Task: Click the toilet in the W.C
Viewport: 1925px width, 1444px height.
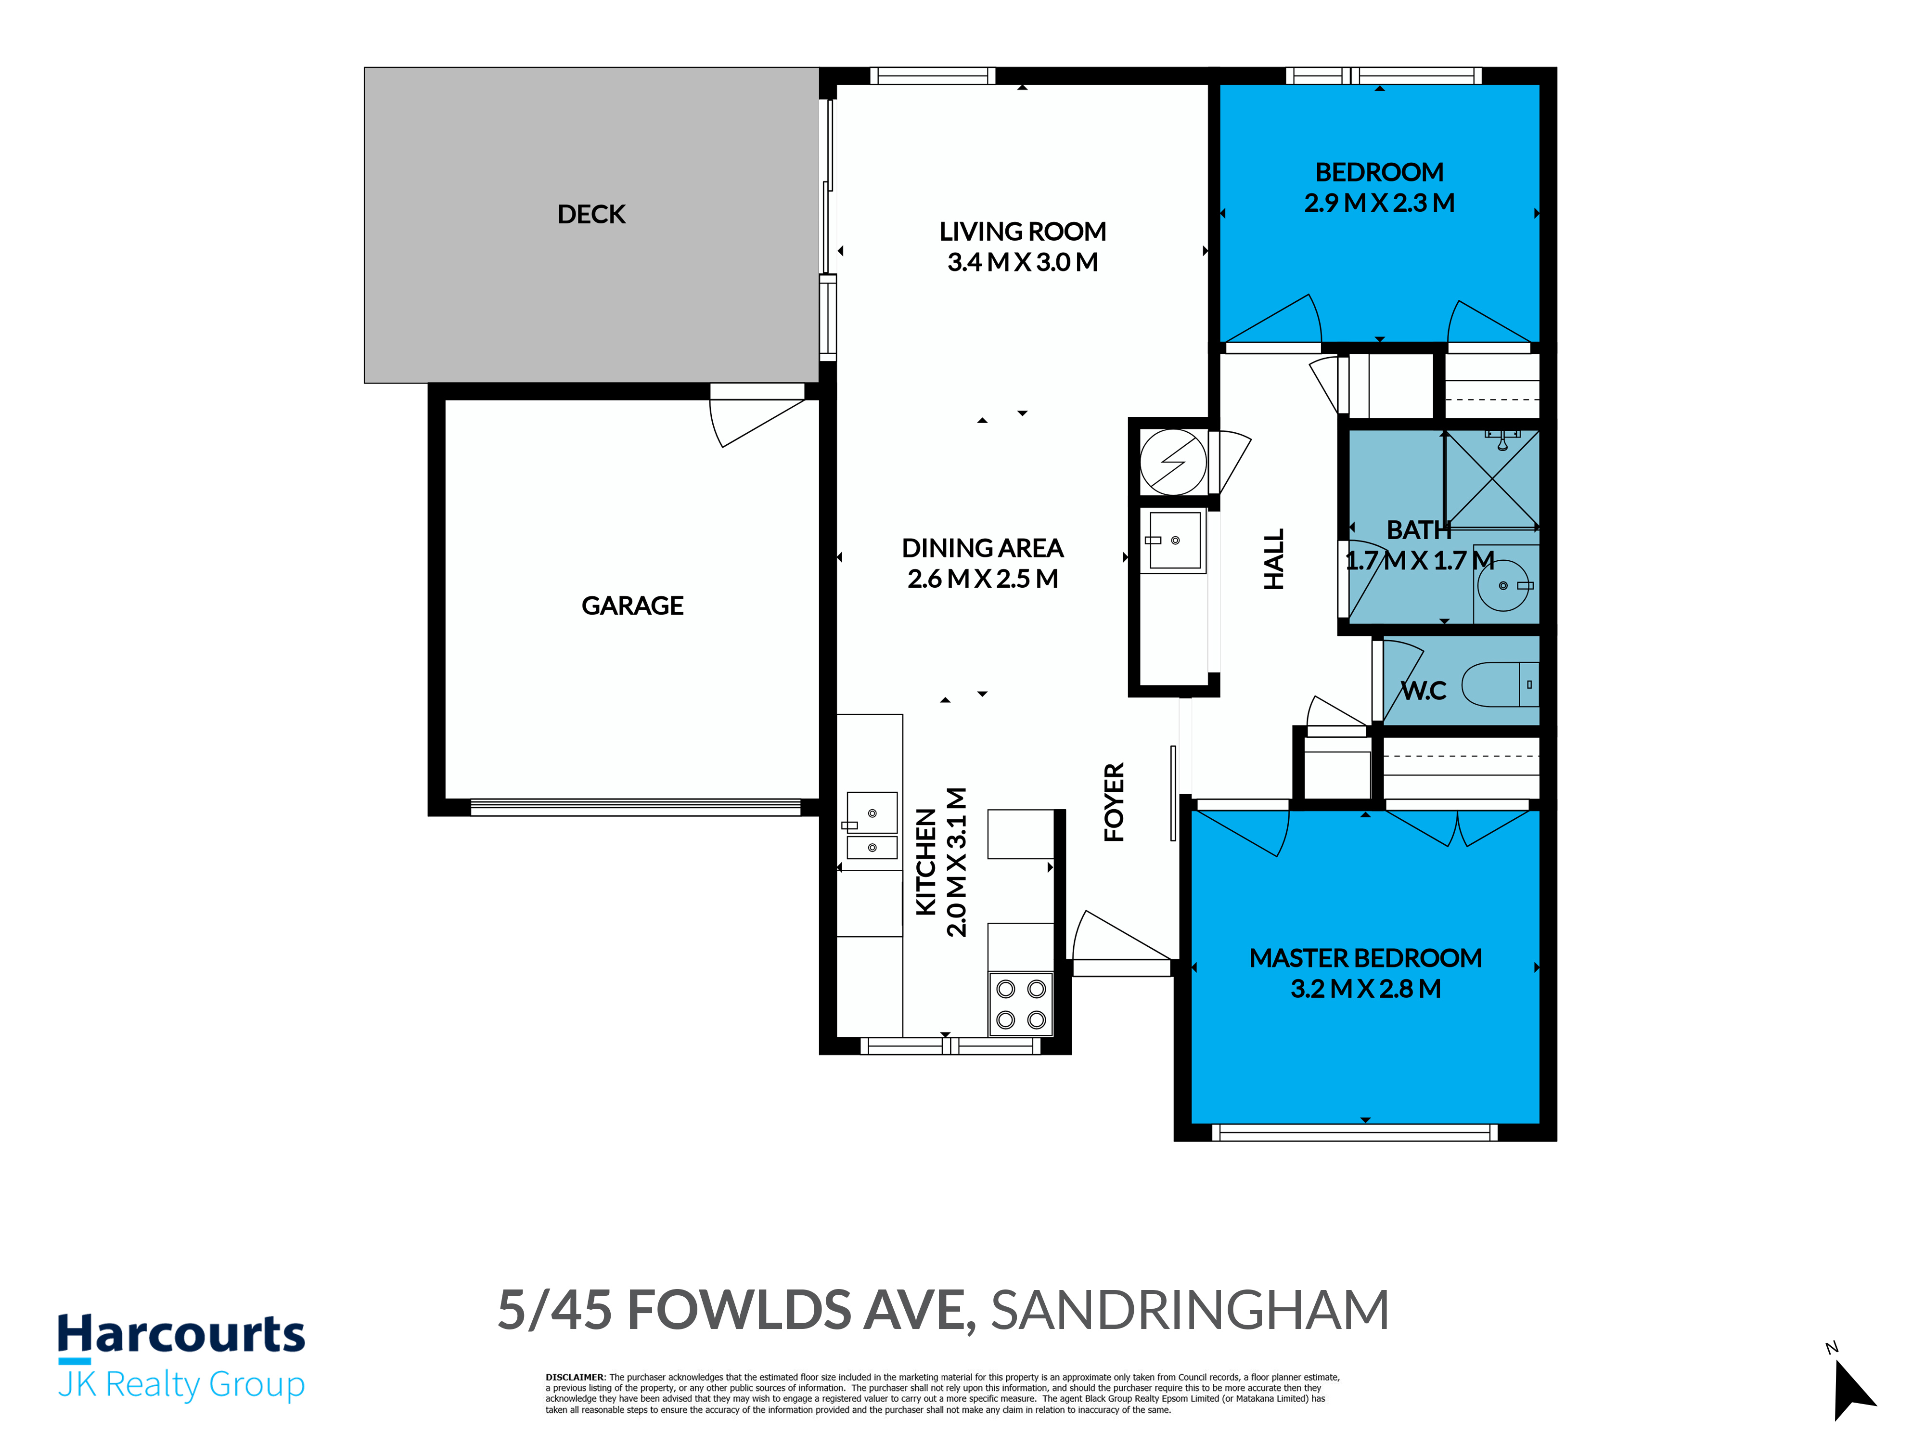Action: pos(1499,684)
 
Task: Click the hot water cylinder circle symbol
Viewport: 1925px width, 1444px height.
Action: pos(1173,462)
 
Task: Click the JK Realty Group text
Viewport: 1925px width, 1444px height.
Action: pos(181,1385)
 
